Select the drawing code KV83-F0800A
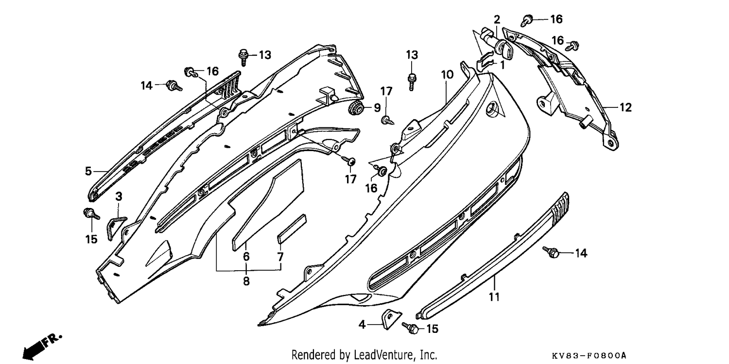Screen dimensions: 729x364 click(589, 355)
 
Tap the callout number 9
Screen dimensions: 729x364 click(377, 108)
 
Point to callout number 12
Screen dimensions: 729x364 click(625, 107)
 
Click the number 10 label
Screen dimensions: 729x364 click(447, 75)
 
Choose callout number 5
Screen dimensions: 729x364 click(88, 171)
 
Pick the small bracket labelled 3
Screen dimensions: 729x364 click(116, 228)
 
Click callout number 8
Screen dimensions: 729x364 click(246, 281)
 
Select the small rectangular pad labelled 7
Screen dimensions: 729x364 click(292, 229)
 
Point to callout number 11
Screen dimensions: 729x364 click(494, 296)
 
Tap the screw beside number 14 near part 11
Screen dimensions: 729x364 click(551, 252)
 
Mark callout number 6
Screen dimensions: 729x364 click(246, 256)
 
